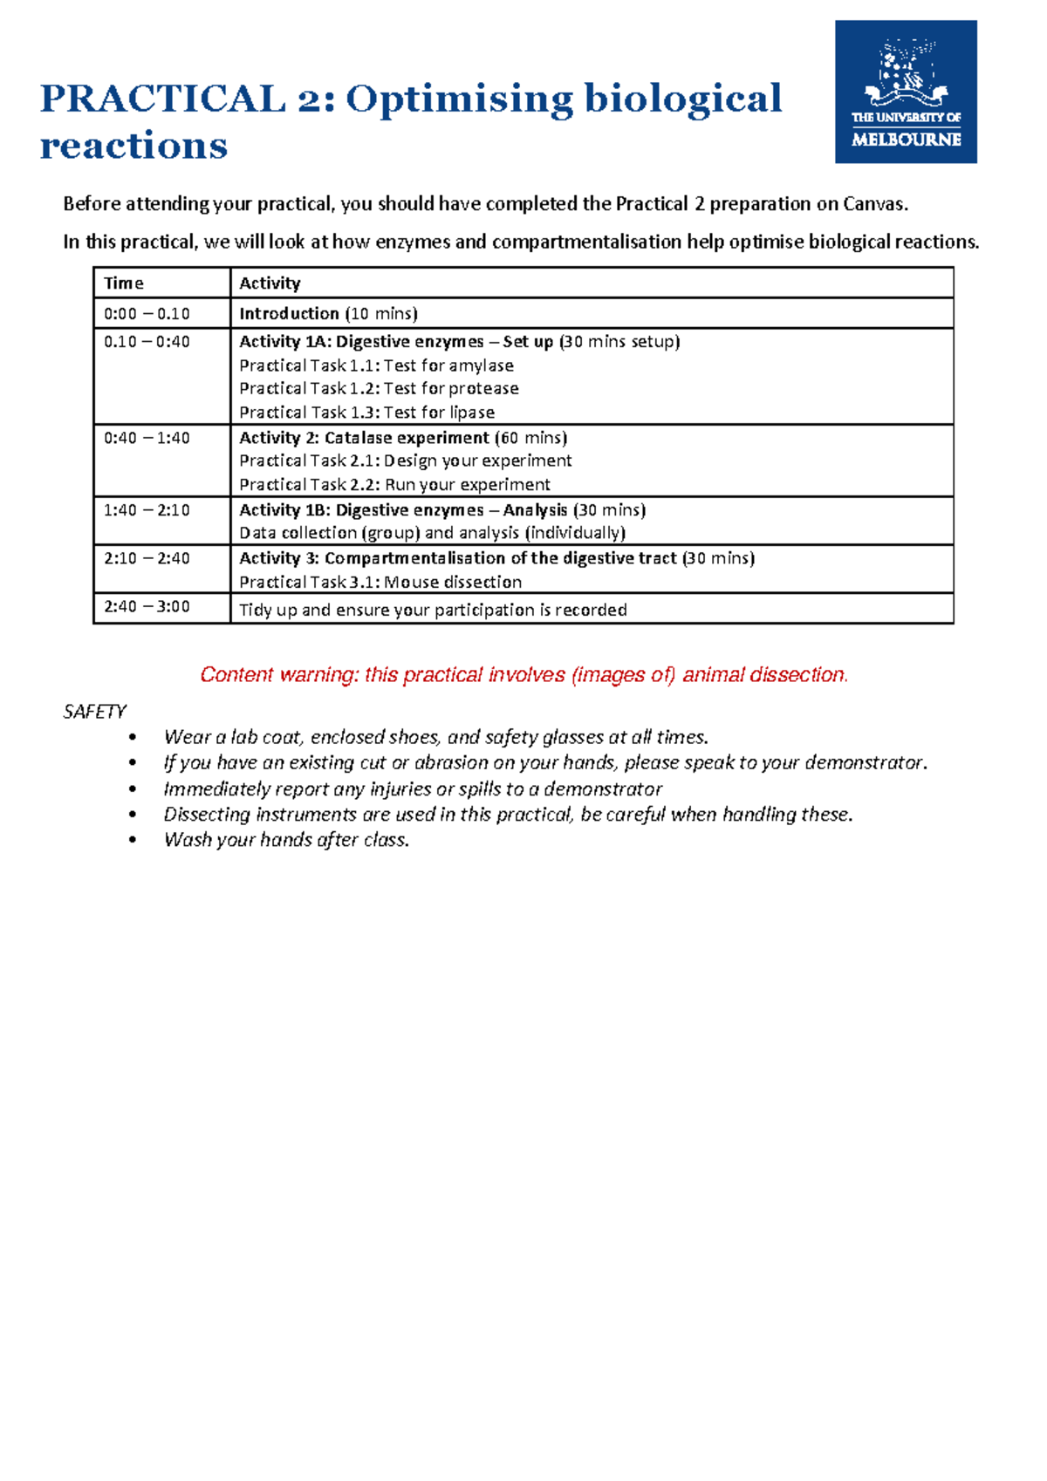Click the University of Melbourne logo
point(906,92)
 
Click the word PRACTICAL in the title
point(162,99)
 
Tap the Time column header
point(124,283)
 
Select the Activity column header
point(270,283)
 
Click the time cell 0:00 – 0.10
point(147,313)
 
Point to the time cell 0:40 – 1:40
point(147,438)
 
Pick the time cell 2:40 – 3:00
point(147,606)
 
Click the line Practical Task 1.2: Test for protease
point(379,388)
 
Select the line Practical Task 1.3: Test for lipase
point(366,412)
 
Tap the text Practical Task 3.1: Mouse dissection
point(380,582)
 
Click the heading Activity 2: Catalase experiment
point(364,438)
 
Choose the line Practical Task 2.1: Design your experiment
point(406,461)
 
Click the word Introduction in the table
point(289,313)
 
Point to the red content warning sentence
point(523,674)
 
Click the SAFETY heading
point(94,712)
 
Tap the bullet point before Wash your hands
point(133,840)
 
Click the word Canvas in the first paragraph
point(874,204)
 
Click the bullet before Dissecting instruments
point(133,815)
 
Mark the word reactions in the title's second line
point(133,146)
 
